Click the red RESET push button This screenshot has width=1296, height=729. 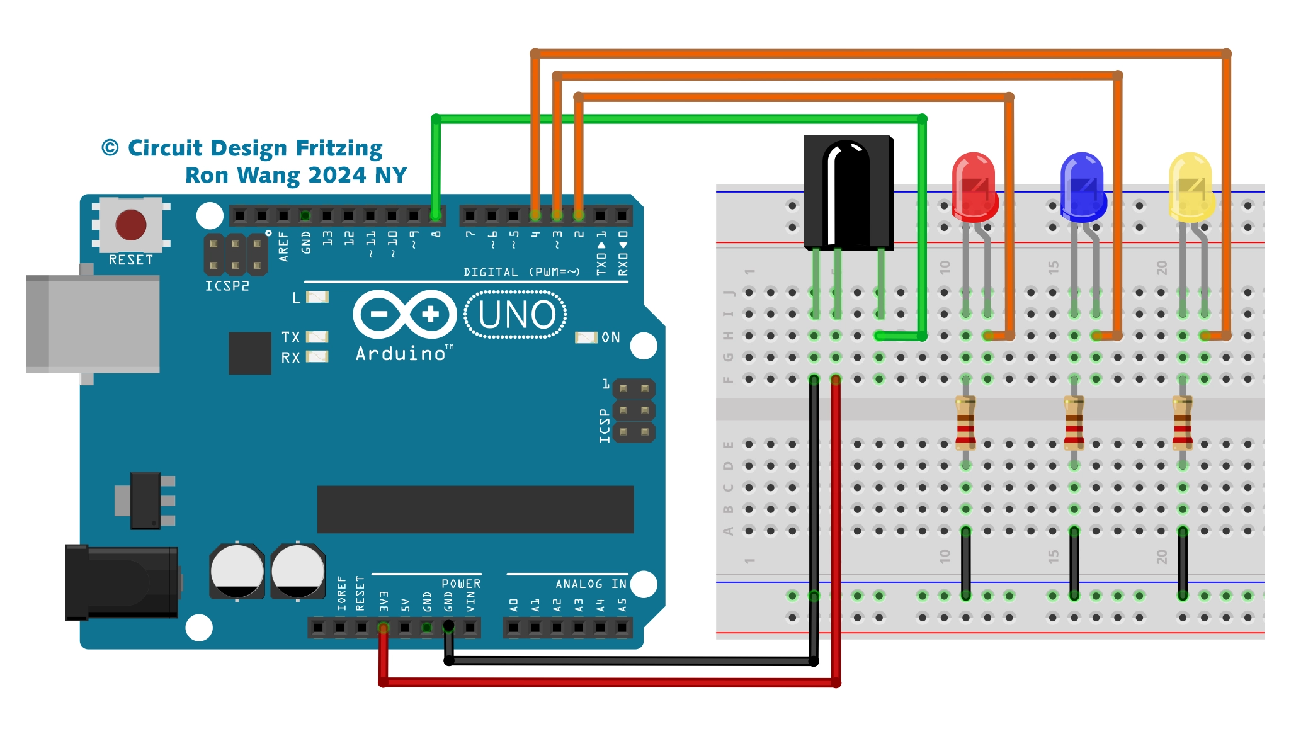(x=131, y=225)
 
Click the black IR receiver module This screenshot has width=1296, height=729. (x=848, y=192)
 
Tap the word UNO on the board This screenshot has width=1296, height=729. (x=516, y=315)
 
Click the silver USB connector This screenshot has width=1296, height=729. (x=93, y=324)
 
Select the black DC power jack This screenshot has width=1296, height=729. (x=123, y=582)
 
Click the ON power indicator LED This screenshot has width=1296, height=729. (x=586, y=337)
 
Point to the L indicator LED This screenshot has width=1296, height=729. (x=317, y=297)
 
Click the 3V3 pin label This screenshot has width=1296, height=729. (x=384, y=601)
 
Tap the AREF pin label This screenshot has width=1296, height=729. (x=283, y=246)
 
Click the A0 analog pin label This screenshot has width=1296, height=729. (x=514, y=605)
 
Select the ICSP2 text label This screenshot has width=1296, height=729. (x=227, y=286)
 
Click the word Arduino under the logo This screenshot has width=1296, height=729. (x=401, y=354)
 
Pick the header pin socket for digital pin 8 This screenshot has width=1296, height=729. (x=435, y=215)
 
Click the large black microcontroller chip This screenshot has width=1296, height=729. (x=475, y=509)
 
